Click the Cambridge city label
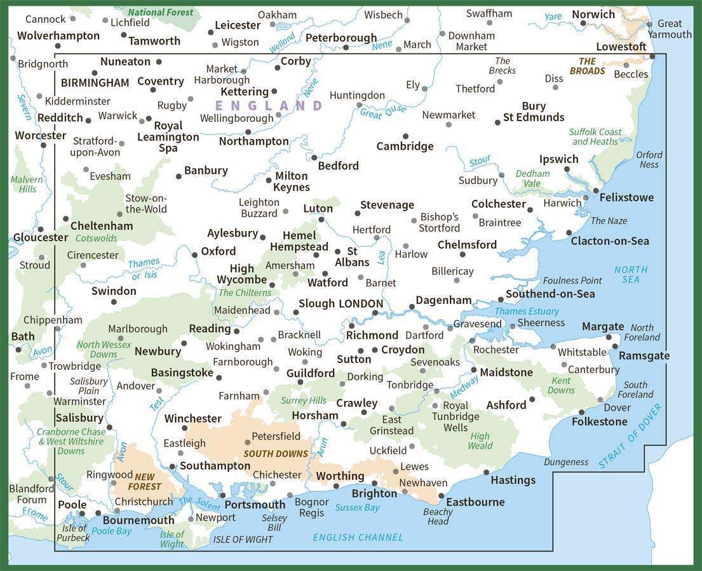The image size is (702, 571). coord(405,147)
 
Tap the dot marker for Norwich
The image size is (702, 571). coord(583,23)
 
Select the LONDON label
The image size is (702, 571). coord(361,304)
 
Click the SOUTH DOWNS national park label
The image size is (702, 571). coord(275,454)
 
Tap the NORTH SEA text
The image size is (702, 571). coord(631,274)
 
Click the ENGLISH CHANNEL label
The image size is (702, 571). coord(358,537)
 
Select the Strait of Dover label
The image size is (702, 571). coord(630,435)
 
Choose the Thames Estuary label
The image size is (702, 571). coord(527,311)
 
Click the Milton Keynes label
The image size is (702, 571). coord(292,181)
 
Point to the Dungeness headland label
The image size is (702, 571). coord(565,462)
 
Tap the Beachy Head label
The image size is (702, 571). coord(438,516)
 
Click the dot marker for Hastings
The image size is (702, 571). coord(486,472)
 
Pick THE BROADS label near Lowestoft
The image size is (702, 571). coord(587,66)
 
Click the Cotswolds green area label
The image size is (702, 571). coord(97,239)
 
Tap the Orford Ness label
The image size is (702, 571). coord(649,159)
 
